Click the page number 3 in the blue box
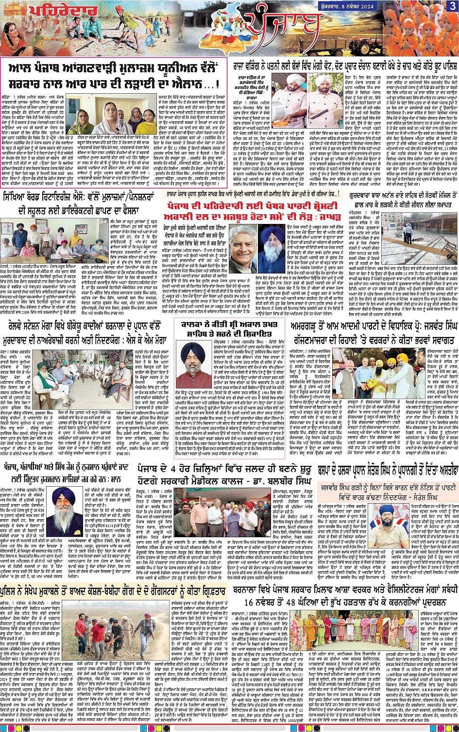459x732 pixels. click(452, 5)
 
